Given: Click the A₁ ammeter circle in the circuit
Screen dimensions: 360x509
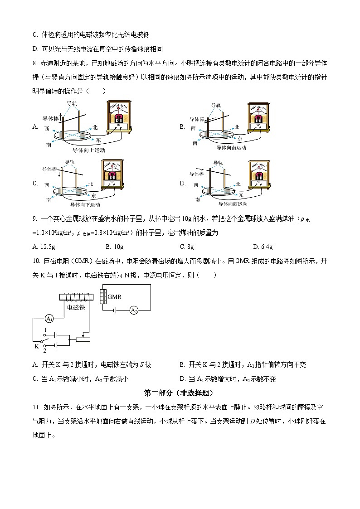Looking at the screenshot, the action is click(x=49, y=319).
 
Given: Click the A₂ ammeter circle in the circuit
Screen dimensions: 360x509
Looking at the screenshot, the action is click(x=134, y=310).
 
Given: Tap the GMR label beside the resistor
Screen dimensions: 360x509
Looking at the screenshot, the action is click(x=114, y=297).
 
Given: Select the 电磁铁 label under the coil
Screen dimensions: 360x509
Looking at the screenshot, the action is click(x=76, y=307).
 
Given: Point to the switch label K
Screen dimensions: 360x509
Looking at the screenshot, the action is click(x=37, y=346).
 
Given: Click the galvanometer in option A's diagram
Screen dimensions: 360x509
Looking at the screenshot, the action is click(x=119, y=117).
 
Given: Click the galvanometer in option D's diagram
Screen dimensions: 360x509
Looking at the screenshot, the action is click(x=259, y=175).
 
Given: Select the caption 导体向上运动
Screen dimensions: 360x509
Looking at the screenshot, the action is click(x=89, y=150).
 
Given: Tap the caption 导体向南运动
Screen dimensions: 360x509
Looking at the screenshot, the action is click(x=231, y=148).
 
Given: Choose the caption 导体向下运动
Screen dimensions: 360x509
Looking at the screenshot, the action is click(x=85, y=205).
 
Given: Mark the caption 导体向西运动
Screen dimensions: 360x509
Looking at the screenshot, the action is click(x=233, y=204).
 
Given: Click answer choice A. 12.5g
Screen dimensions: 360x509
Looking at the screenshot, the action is click(x=44, y=247).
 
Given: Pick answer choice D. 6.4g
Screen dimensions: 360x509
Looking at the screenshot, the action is click(x=263, y=247).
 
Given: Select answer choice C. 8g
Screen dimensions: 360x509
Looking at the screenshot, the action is click(x=187, y=247).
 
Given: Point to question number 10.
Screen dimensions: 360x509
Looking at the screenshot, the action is click(x=36, y=261).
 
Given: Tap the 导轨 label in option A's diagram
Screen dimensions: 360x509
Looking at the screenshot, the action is click(x=72, y=103).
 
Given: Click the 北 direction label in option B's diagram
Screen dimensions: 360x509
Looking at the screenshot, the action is click(x=237, y=127).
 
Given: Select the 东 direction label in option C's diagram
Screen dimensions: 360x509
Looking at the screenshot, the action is click(x=93, y=196).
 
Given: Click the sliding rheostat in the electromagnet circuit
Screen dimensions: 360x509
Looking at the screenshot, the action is click(x=83, y=339).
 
